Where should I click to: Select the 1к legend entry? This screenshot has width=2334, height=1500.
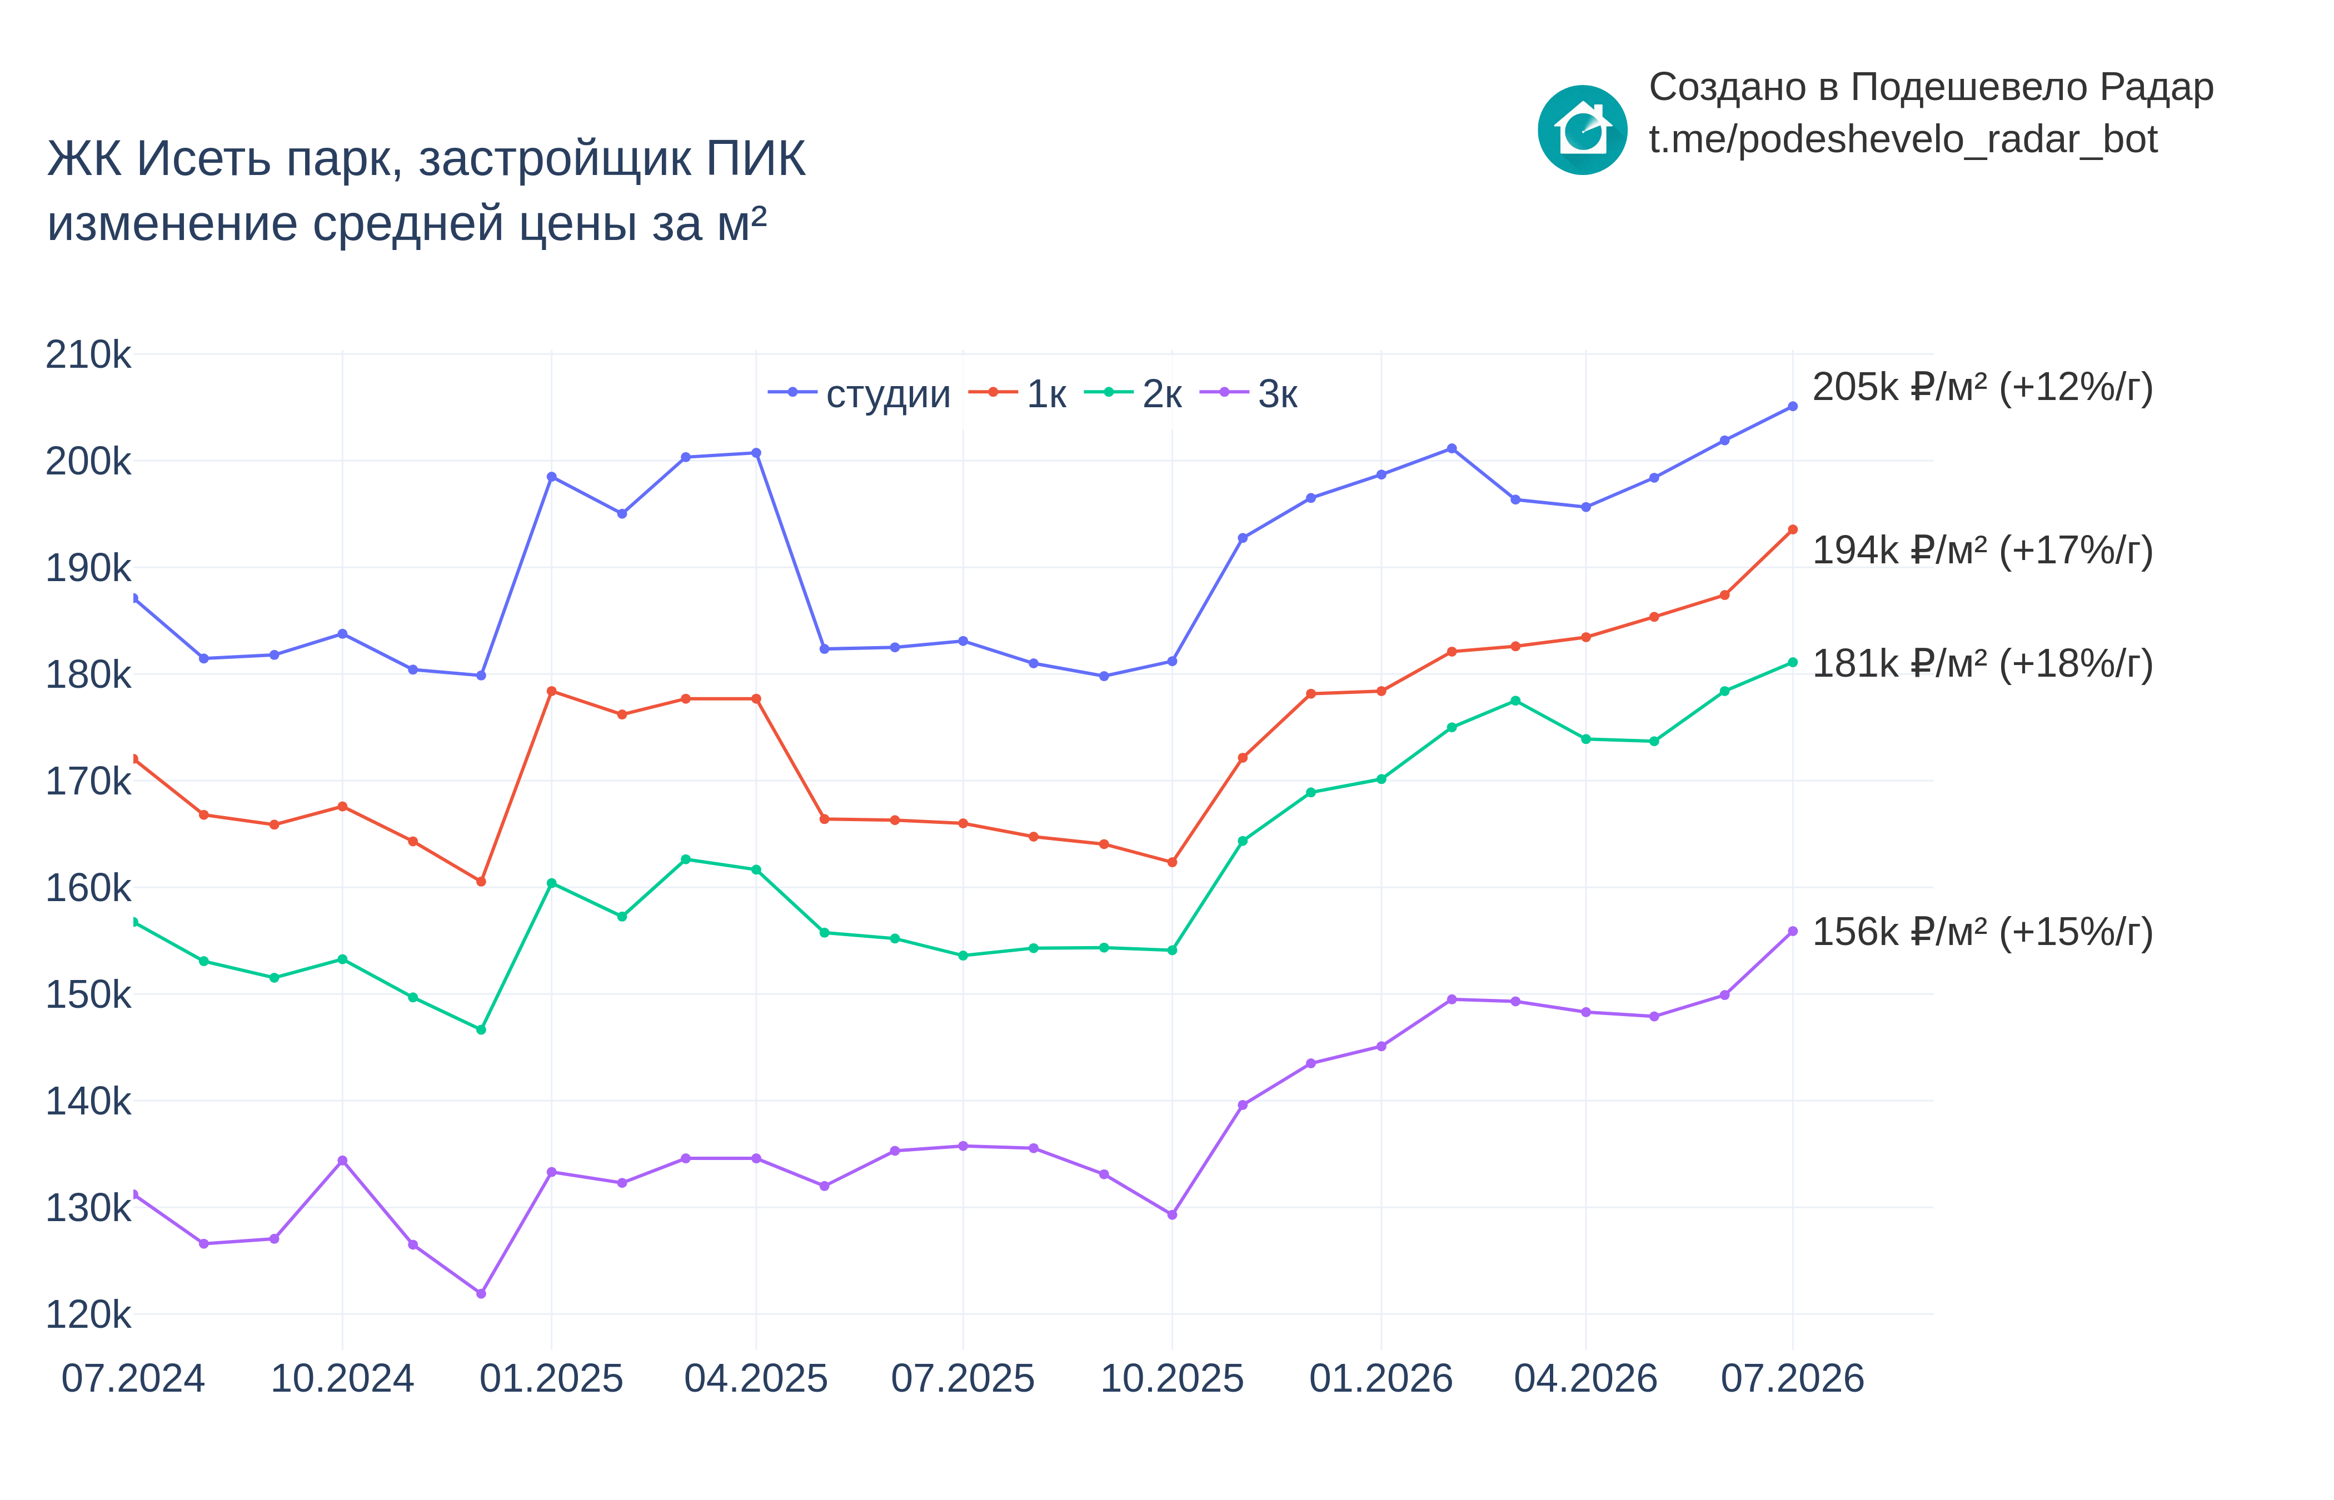click(1017, 393)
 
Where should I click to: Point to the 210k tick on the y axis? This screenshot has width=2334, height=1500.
click(88, 354)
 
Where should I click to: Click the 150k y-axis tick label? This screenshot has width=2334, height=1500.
click(88, 994)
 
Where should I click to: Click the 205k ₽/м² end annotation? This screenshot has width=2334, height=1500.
click(1982, 388)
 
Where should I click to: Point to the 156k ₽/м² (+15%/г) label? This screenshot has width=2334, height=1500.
click(1982, 932)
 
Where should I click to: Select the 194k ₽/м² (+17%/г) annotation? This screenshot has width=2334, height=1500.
click(1982, 551)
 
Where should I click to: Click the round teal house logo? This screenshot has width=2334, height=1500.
click(1582, 129)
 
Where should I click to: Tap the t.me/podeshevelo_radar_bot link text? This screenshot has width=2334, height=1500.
click(1902, 140)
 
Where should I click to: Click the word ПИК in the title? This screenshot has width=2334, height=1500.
click(756, 159)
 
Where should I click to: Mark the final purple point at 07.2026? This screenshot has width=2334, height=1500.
click(1792, 931)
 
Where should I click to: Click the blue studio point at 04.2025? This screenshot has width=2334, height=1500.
click(756, 453)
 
